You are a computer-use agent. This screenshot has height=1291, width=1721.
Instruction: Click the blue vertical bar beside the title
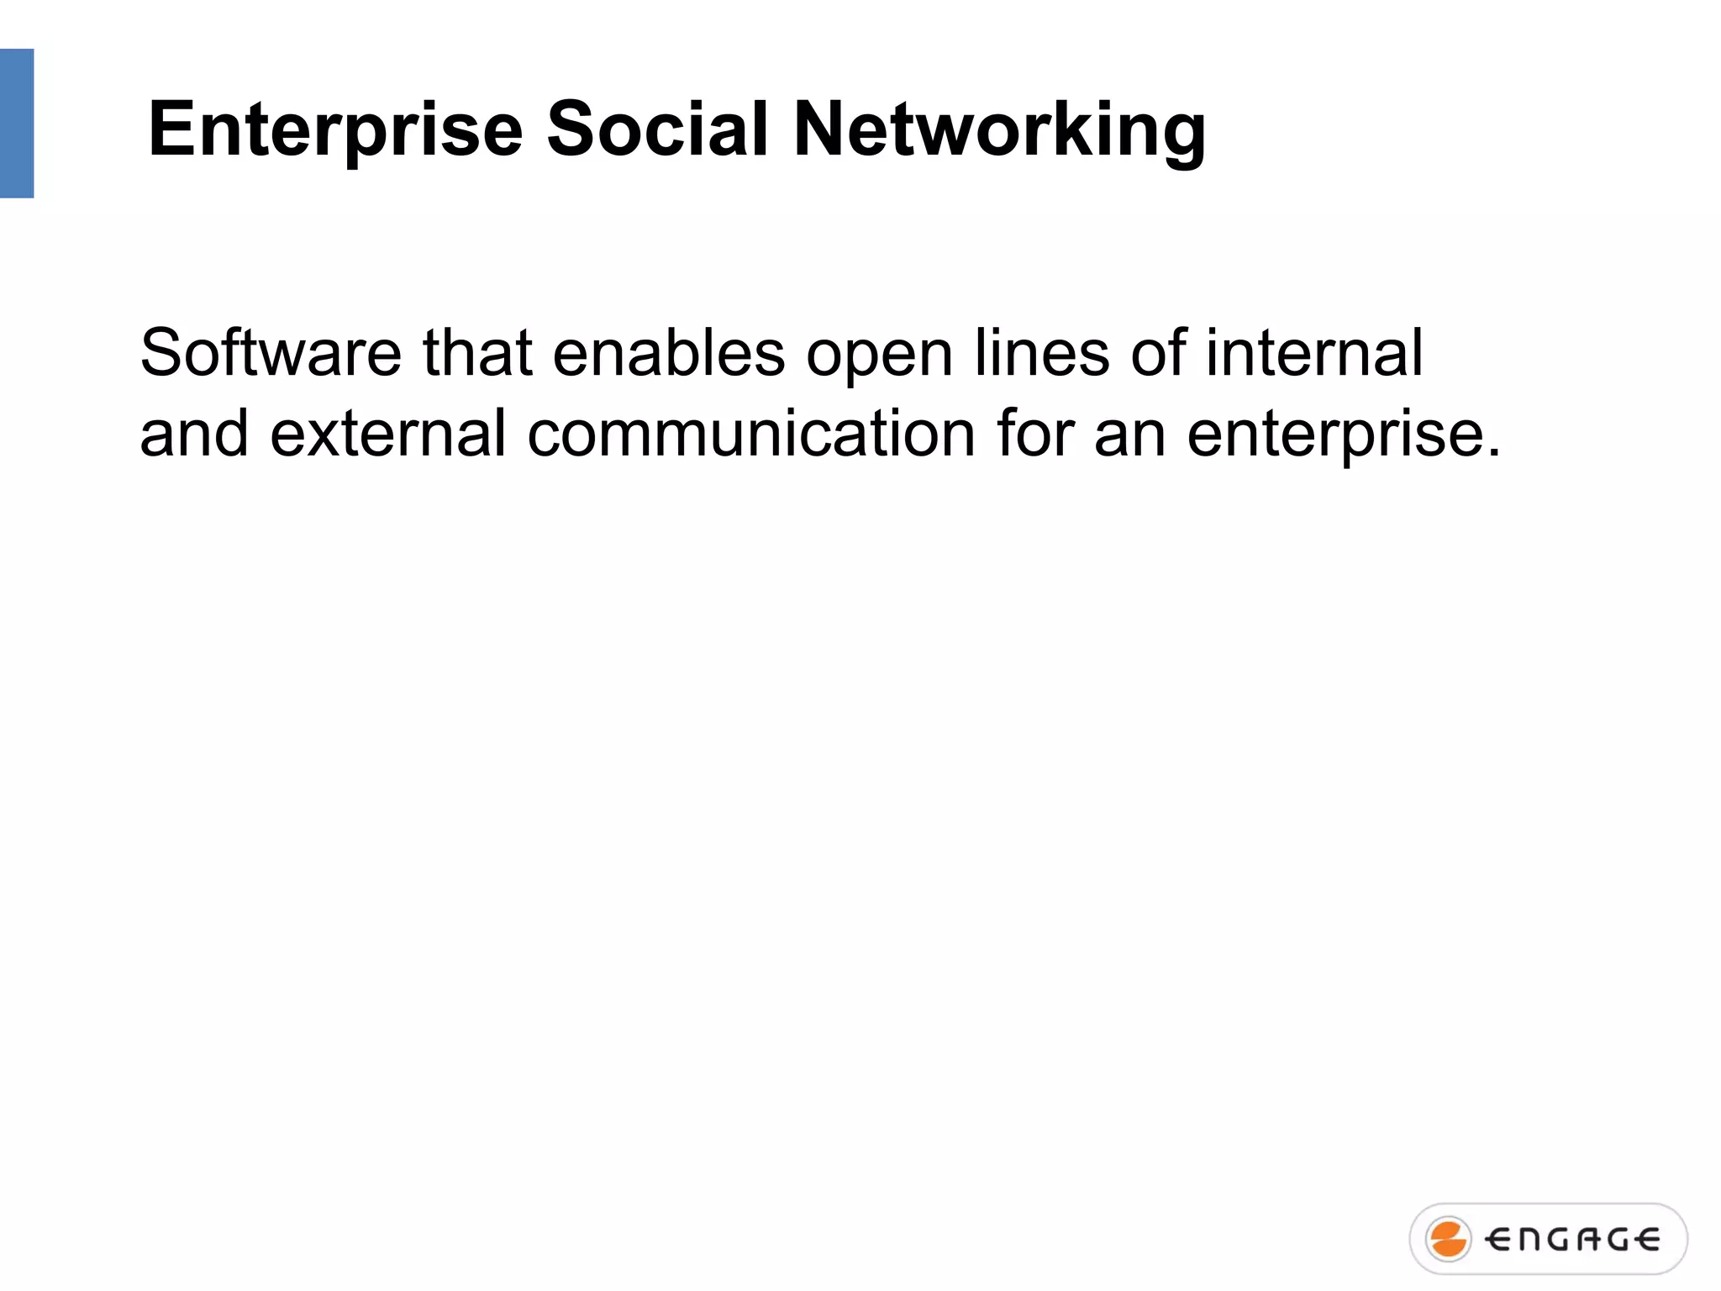(x=17, y=124)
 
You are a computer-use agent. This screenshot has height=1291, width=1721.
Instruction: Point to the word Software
(x=271, y=353)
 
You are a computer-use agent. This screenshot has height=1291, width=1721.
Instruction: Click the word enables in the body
(x=669, y=353)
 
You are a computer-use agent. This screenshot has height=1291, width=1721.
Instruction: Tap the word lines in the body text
(x=1042, y=353)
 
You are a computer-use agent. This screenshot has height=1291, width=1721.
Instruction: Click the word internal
(x=1314, y=353)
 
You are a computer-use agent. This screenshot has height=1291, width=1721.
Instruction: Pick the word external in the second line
(x=388, y=434)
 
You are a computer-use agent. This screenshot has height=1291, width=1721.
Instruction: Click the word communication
(x=751, y=434)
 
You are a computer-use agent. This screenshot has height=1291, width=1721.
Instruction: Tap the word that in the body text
(x=477, y=353)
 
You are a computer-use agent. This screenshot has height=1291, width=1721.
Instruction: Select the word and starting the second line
(x=194, y=434)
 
